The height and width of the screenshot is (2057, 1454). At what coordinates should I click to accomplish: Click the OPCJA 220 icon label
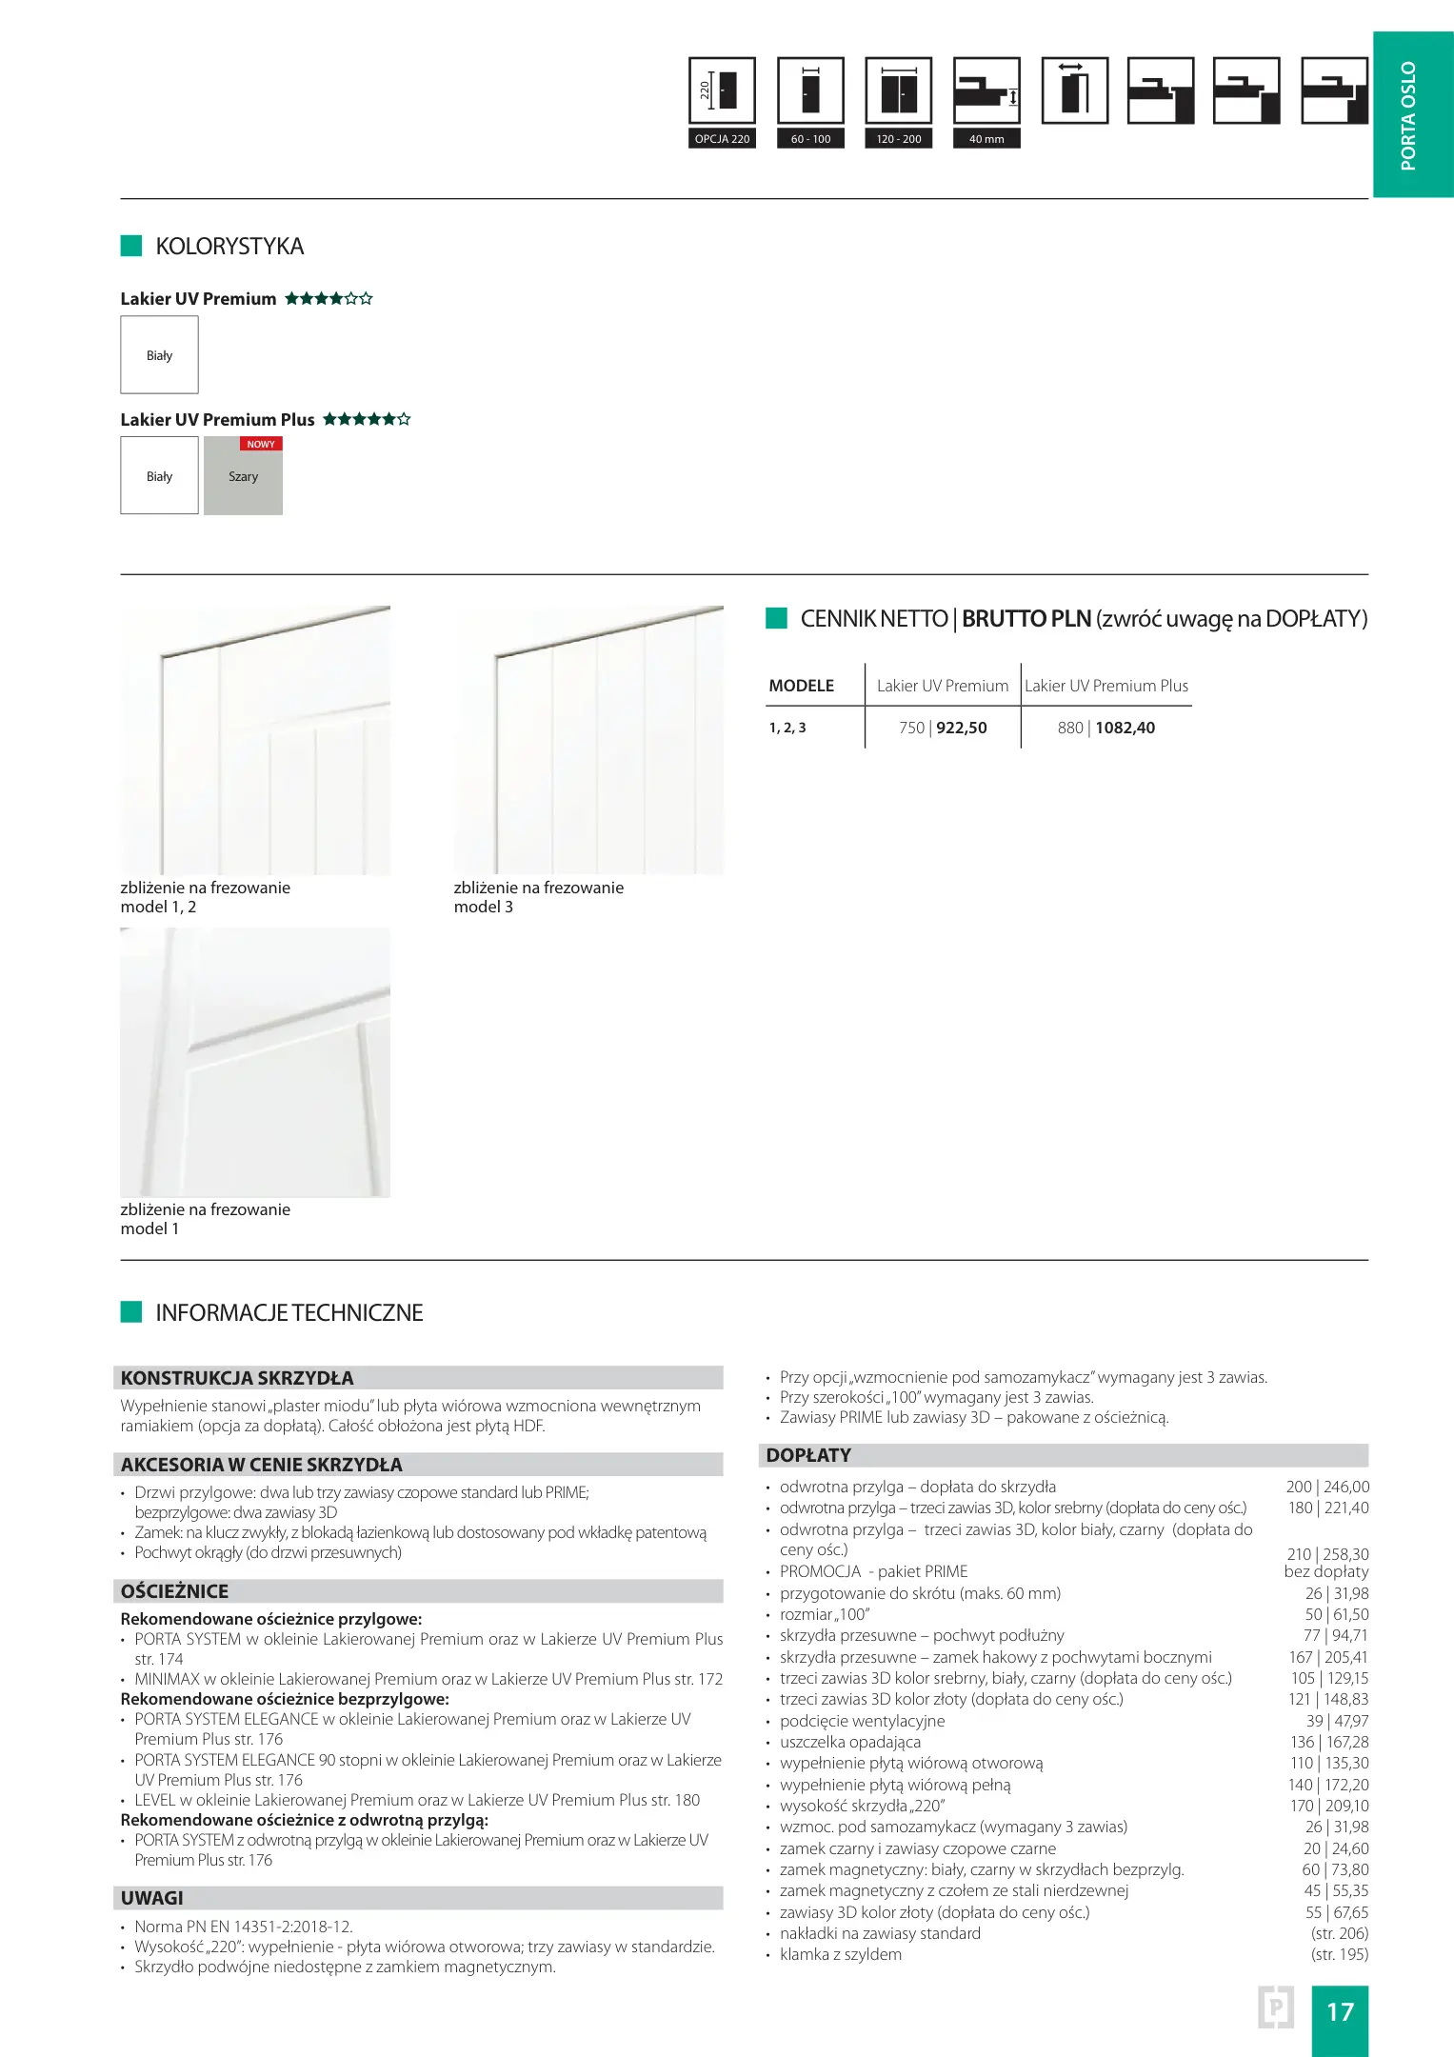[722, 139]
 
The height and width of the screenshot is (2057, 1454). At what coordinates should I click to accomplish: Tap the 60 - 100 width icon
[810, 91]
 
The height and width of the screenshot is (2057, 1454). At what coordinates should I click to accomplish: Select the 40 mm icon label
[986, 139]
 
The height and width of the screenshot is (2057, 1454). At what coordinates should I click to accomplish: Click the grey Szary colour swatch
[243, 476]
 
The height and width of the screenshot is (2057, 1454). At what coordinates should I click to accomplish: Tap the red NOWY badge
[261, 444]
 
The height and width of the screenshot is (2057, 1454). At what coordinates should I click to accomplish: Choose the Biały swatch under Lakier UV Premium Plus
[159, 476]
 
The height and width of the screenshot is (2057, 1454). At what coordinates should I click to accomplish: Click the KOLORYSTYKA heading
[229, 247]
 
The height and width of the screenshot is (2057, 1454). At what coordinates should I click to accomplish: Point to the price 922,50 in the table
[962, 728]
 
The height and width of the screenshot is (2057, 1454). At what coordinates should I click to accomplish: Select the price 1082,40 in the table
[1125, 728]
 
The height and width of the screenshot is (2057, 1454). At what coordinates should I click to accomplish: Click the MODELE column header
[801, 686]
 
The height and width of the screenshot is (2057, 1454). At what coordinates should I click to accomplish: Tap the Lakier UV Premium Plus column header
[1106, 686]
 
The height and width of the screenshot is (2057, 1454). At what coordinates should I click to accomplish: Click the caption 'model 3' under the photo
[484, 907]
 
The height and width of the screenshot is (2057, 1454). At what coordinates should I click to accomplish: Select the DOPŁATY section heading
[808, 1455]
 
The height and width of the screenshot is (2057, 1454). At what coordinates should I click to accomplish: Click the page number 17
[1340, 2011]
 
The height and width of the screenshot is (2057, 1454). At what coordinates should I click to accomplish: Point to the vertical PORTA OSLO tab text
[1408, 115]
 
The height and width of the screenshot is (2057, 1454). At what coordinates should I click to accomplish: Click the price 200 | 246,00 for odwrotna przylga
[1327, 1487]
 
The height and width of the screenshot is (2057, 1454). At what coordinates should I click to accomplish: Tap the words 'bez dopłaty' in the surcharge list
[1326, 1571]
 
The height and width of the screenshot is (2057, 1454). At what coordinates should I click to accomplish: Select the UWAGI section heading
[152, 1898]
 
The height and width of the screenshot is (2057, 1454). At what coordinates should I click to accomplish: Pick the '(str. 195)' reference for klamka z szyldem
[1340, 1954]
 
